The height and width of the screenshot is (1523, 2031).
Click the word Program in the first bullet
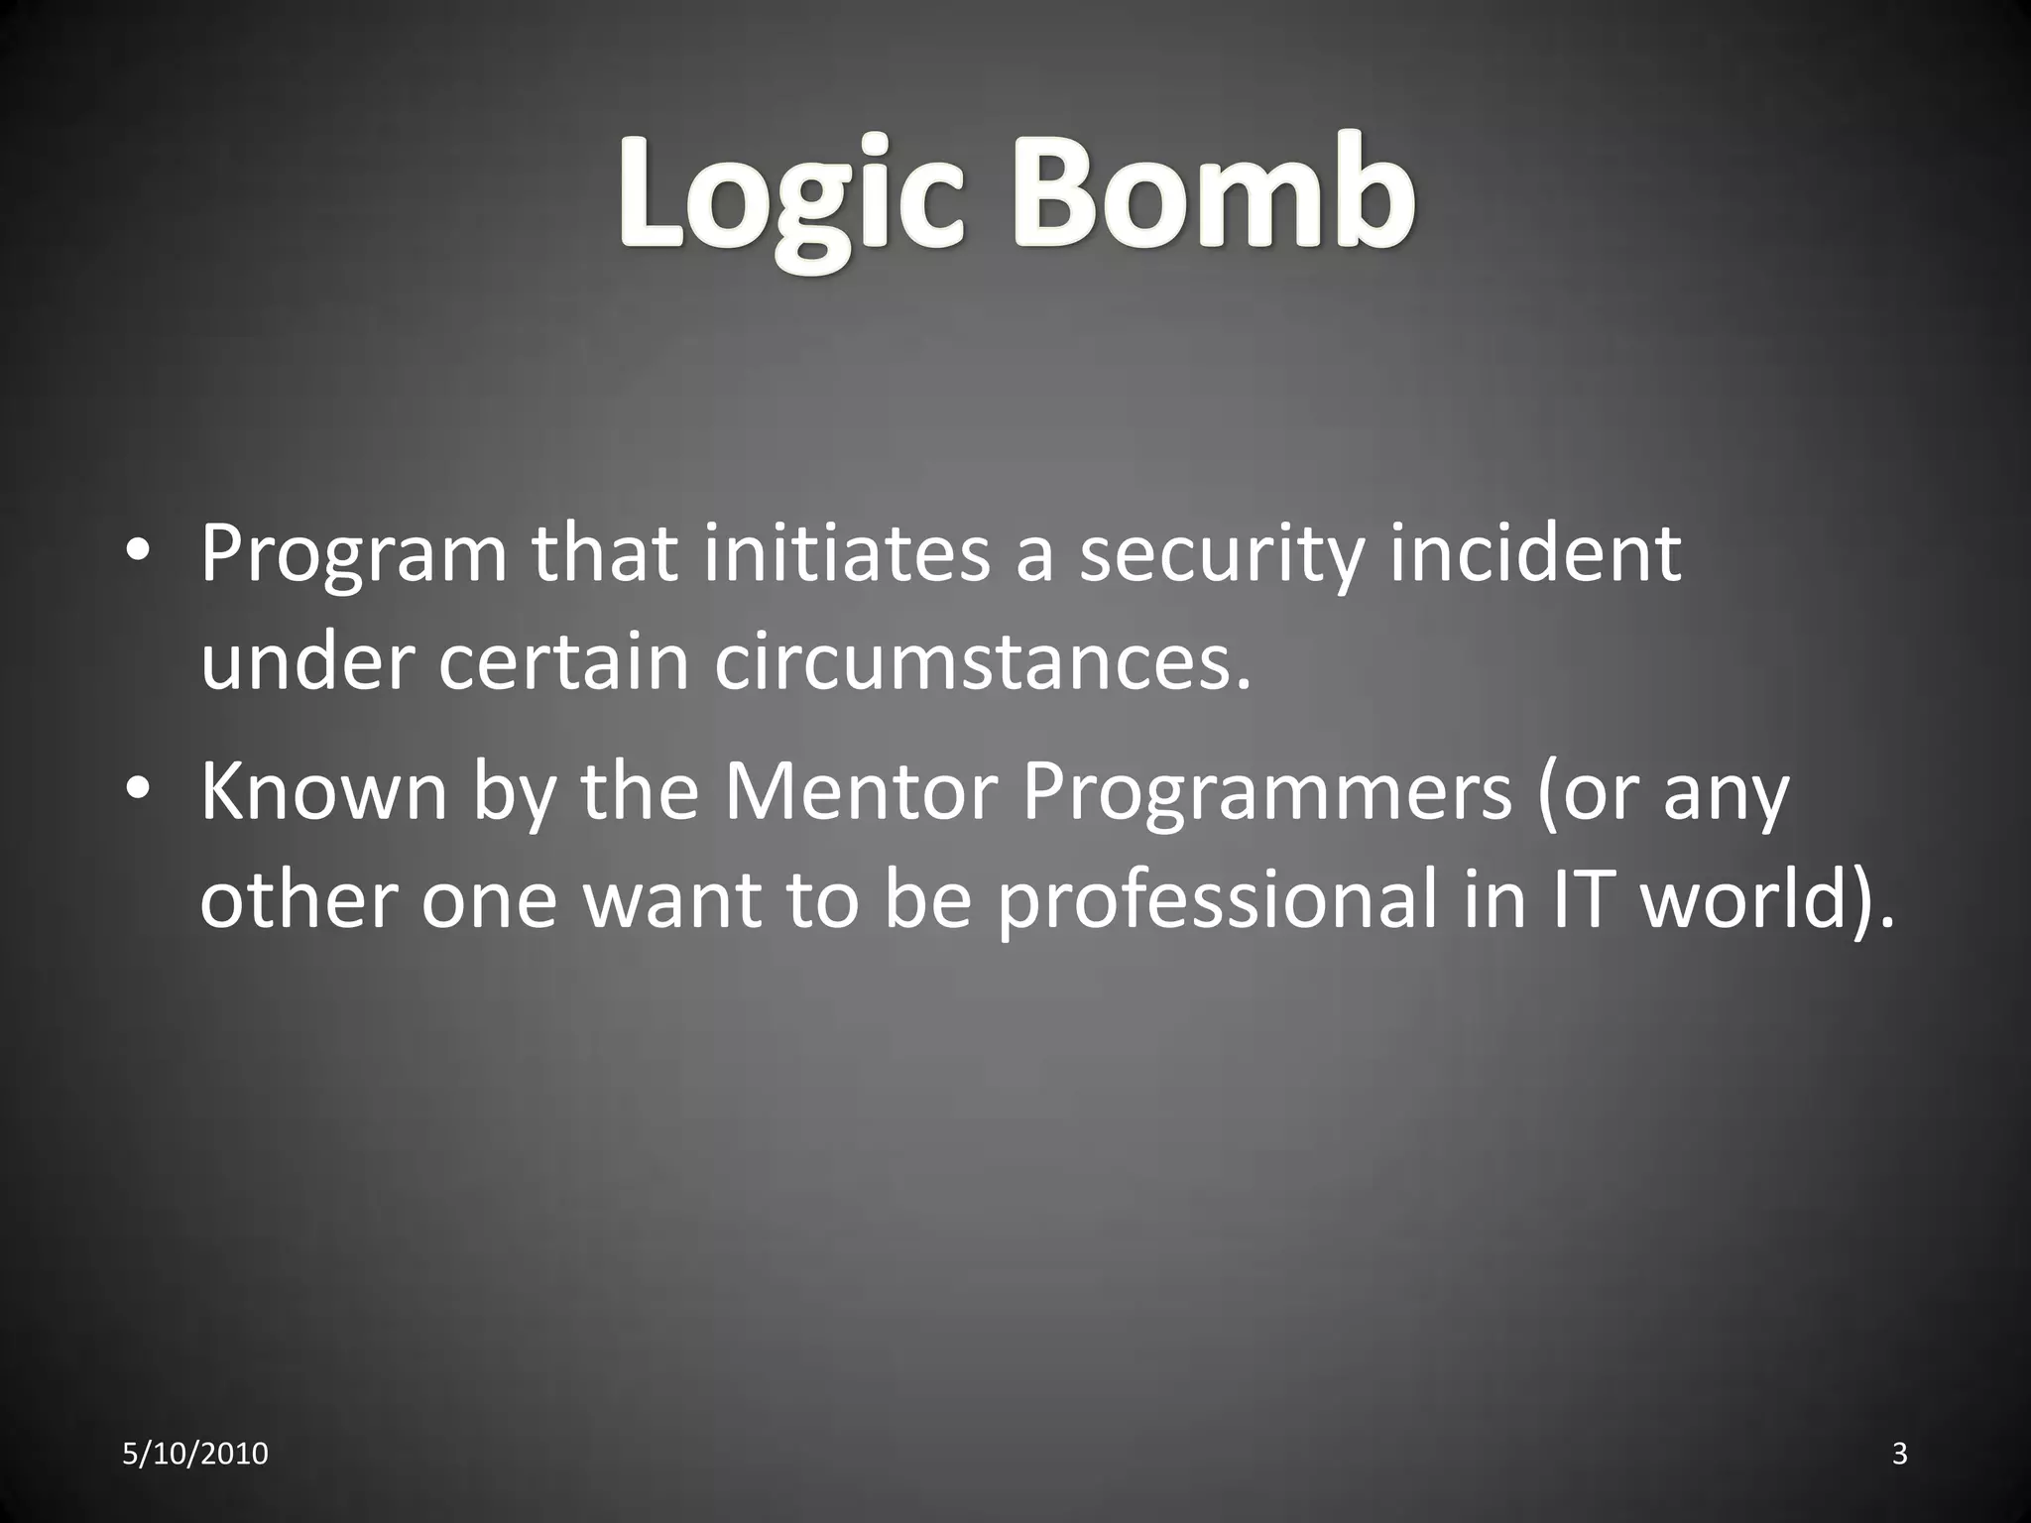[353, 555]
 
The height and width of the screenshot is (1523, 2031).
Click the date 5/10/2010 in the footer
[195, 1454]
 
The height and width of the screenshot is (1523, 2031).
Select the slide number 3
[1899, 1454]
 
